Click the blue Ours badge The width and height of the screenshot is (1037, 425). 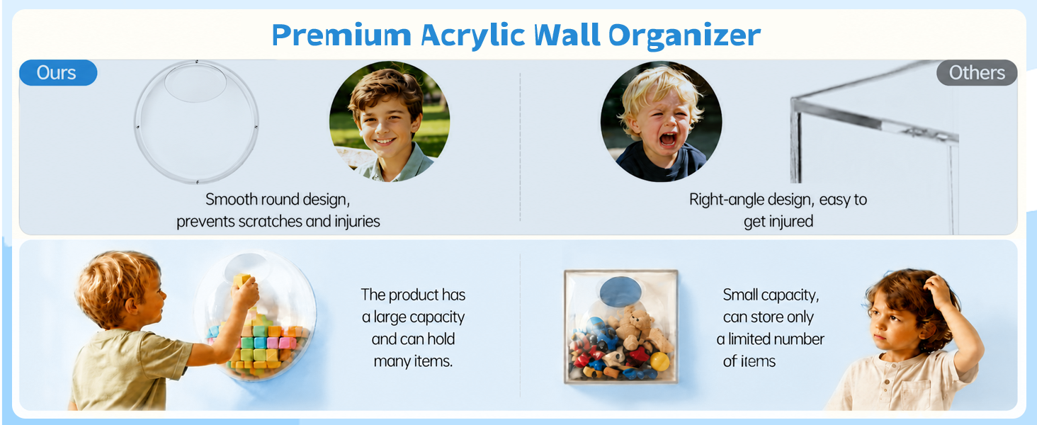click(58, 73)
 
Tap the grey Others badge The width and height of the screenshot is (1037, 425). click(977, 73)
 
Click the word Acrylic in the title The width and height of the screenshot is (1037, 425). click(472, 36)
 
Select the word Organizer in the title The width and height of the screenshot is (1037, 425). click(684, 36)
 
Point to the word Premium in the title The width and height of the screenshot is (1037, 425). click(341, 35)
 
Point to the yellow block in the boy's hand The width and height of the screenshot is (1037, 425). click(242, 280)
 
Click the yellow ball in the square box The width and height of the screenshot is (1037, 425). click(659, 361)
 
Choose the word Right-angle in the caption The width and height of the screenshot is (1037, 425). click(726, 200)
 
